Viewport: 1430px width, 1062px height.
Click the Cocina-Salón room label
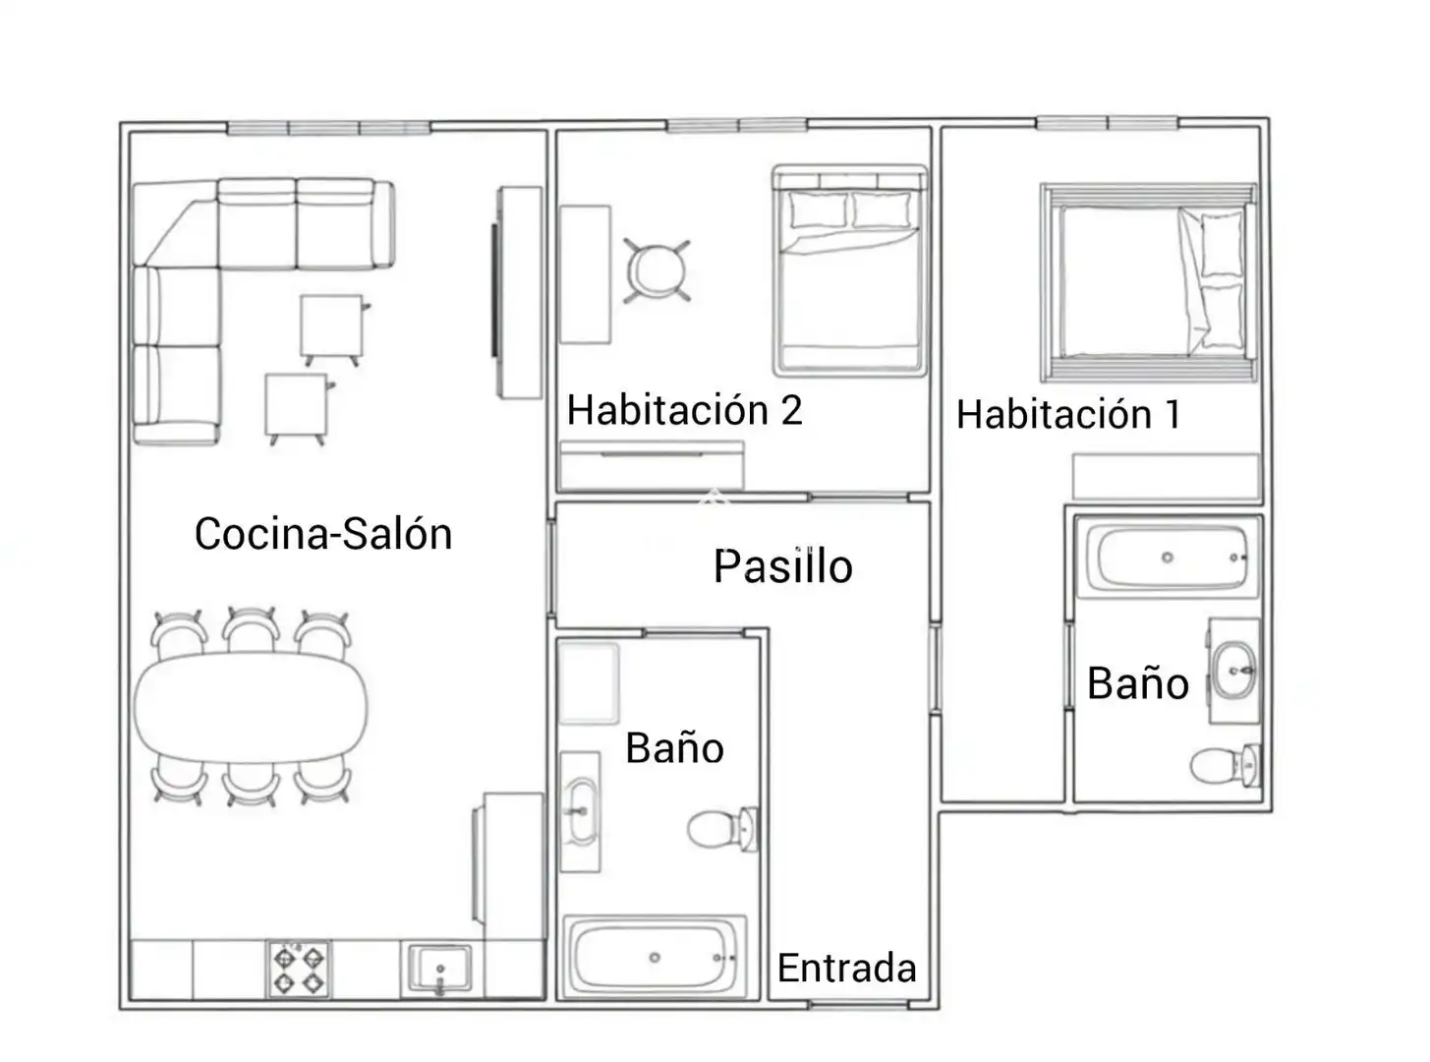[x=323, y=534]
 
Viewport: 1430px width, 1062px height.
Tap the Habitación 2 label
[x=685, y=410]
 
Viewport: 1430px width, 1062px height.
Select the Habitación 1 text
[x=1069, y=414]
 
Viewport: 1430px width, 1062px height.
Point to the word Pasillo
[x=783, y=566]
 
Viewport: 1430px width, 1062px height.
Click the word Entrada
[x=846, y=968]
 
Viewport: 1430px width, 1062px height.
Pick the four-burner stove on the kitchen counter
[x=299, y=970]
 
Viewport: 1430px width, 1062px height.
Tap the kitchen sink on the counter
[x=440, y=969]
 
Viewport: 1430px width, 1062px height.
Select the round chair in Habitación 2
[x=657, y=271]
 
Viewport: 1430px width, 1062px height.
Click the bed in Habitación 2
[x=850, y=271]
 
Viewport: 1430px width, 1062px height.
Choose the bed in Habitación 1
[x=1149, y=282]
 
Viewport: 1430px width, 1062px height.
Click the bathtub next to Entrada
[x=655, y=958]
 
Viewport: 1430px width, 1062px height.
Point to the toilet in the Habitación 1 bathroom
[x=1224, y=766]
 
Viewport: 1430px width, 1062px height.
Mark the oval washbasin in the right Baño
[x=1233, y=671]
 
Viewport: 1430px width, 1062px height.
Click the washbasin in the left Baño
[x=580, y=811]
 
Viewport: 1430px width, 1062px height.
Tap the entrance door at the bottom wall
[x=859, y=1005]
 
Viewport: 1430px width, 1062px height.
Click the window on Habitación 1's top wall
[x=1107, y=123]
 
